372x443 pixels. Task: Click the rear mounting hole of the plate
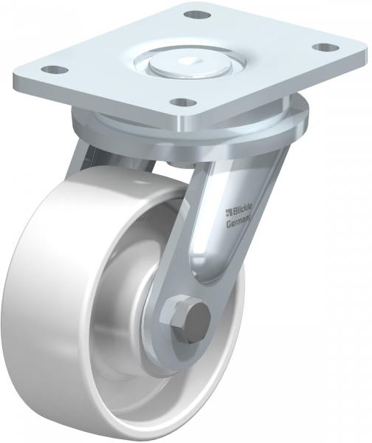[196, 14]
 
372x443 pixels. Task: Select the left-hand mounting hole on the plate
[52, 70]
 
